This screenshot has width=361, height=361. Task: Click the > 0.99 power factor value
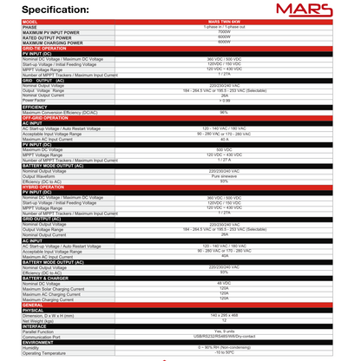tap(223, 100)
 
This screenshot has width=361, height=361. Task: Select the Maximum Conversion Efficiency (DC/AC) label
tap(61, 112)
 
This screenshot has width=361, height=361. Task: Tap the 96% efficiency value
tap(223, 112)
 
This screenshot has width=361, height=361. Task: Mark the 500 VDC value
tap(223, 148)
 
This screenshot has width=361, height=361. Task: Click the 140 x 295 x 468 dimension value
tap(223, 314)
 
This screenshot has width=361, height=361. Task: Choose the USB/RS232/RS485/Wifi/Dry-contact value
tap(223, 334)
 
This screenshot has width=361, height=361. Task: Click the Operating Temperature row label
tap(43, 353)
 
